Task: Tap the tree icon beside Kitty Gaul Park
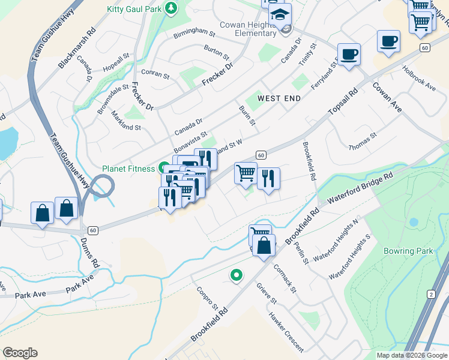click(x=172, y=8)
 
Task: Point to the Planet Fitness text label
click(x=128, y=169)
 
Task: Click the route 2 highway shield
click(x=431, y=293)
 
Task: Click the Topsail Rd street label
click(x=342, y=103)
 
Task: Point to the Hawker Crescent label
click(x=286, y=332)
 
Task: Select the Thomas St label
click(x=363, y=142)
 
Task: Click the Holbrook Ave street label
click(x=419, y=78)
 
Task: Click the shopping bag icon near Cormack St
click(x=264, y=245)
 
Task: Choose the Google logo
click(x=20, y=353)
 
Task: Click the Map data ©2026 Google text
click(x=412, y=355)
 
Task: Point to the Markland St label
click(x=126, y=119)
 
